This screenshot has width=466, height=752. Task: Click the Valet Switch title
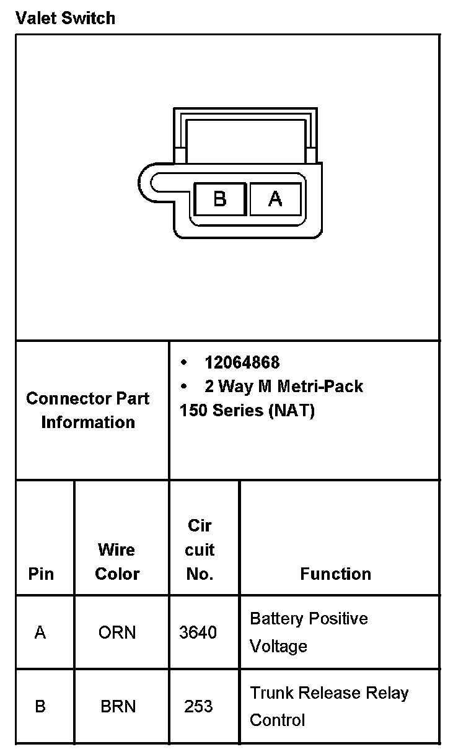65,18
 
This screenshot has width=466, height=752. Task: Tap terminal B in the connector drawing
220,199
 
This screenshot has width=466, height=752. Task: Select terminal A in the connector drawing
275,199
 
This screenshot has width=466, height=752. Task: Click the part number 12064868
242,362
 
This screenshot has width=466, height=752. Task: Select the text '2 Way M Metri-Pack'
283,387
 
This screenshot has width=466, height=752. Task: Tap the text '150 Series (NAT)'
247,411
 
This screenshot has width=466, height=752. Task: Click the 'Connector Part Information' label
88,410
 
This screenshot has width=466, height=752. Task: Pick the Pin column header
41,574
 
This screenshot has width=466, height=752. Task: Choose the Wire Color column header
117,561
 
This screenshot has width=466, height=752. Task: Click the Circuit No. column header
200,549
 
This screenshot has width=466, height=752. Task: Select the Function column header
335,574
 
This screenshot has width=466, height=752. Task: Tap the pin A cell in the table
40,632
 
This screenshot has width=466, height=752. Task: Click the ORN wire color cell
117,632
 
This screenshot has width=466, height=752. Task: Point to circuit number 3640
198,632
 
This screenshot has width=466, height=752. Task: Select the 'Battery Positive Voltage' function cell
309,632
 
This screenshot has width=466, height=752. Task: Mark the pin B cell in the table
40,706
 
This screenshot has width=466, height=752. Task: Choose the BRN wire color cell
118,706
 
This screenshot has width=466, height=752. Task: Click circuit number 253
198,706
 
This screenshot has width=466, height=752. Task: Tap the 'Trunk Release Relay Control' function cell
329,706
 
